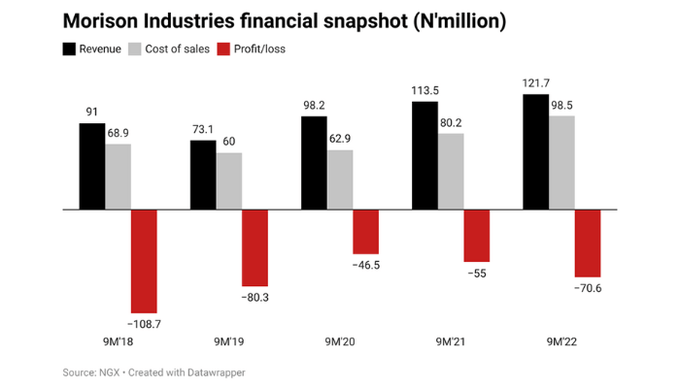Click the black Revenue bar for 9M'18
(91, 166)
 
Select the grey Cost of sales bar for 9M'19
(229, 180)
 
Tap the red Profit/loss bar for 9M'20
(366, 231)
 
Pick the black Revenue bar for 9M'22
(535, 151)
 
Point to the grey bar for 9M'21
(451, 171)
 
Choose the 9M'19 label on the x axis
(229, 340)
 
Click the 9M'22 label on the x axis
(562, 340)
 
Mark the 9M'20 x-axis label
(340, 340)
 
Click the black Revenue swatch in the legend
(69, 48)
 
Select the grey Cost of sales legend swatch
(135, 48)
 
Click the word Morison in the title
(103, 20)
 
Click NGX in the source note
(110, 372)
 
